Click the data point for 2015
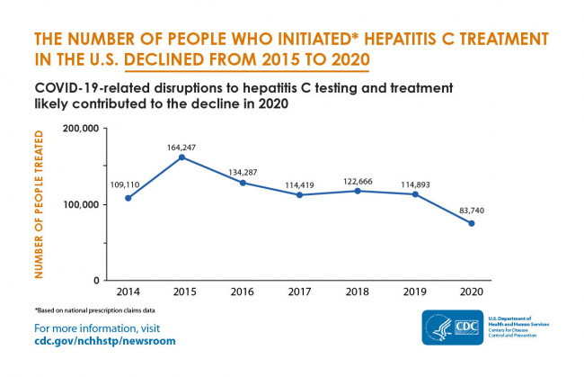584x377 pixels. [181, 157]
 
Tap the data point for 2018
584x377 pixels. [358, 191]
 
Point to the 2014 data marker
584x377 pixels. [128, 198]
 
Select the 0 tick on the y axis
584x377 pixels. [94, 280]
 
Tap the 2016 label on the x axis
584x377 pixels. [243, 292]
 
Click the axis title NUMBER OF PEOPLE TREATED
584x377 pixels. [40, 203]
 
